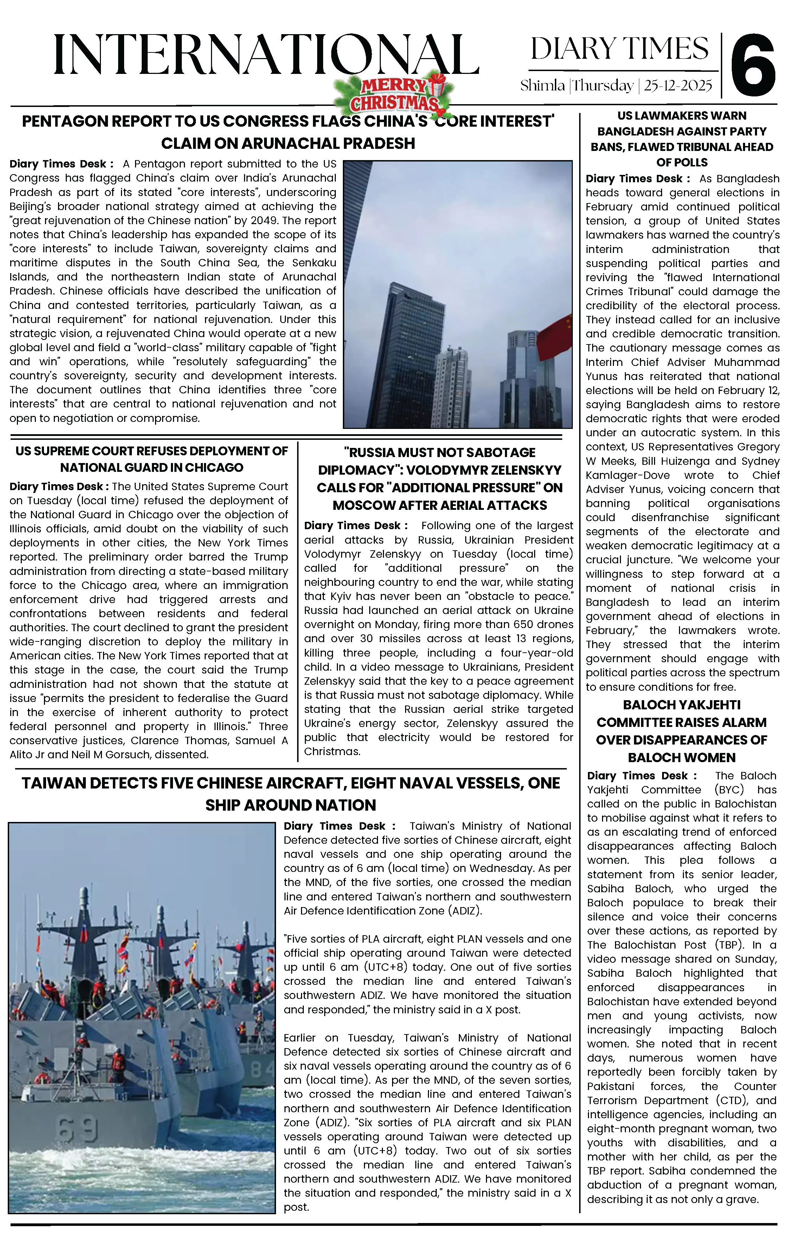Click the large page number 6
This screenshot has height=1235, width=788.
[x=753, y=65]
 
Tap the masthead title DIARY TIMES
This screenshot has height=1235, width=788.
[x=619, y=49]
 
